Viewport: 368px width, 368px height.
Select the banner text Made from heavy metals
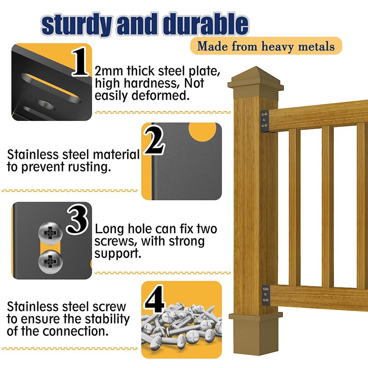click(x=266, y=46)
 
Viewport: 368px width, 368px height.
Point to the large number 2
click(x=154, y=140)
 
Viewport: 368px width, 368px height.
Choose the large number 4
click(x=154, y=299)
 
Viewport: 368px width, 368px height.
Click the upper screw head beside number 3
click(x=50, y=233)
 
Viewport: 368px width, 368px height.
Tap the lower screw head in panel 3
click(x=50, y=262)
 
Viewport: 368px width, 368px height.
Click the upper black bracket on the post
click(x=265, y=121)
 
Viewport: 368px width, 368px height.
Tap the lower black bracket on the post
click(x=266, y=295)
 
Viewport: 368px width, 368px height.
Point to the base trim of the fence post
click(x=256, y=333)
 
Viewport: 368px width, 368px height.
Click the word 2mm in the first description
click(x=109, y=71)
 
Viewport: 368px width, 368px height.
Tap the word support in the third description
click(x=118, y=254)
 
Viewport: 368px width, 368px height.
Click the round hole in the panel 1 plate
click(x=46, y=105)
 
